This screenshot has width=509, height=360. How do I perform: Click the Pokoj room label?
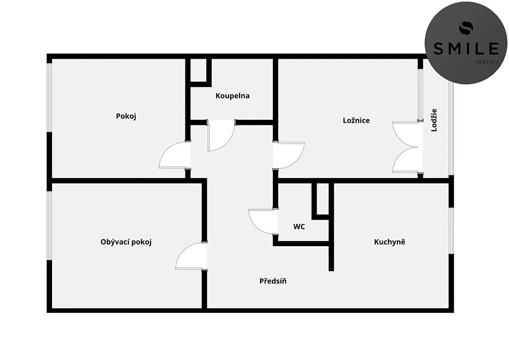126,116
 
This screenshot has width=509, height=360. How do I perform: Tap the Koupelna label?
233,96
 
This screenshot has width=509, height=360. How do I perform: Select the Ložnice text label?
356,120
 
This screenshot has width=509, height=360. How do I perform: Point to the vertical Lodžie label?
434,120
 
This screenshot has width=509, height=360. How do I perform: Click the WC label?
299,227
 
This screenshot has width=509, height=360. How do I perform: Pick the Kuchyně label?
390,242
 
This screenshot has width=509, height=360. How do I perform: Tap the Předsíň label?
273,281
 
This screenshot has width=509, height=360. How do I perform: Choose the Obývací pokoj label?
126,242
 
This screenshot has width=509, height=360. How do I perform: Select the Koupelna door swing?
221,135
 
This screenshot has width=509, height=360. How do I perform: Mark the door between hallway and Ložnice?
289,155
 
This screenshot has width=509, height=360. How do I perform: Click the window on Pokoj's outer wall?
49,97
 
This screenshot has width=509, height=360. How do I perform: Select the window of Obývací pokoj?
49,226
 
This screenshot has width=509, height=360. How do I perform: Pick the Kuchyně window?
451,230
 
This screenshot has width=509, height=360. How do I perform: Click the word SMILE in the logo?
466,49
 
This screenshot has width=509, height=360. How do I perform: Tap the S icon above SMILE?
466,27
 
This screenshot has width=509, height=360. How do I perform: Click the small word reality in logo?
486,62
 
